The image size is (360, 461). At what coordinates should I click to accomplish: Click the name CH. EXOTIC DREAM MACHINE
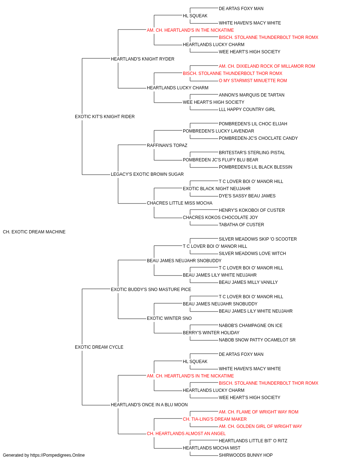34,232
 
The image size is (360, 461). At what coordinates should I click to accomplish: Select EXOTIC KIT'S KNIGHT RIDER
105,117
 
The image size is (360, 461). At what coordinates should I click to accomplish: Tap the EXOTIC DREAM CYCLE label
99,347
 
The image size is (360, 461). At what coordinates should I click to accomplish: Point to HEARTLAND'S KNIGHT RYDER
143,59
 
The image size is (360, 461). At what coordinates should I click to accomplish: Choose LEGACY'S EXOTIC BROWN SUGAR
147,174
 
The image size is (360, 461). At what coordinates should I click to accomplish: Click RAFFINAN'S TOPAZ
167,145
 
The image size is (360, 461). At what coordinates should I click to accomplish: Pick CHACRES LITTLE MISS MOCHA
180,203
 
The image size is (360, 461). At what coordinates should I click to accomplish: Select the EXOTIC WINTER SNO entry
169,318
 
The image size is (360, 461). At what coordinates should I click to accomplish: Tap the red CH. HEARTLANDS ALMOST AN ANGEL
186,433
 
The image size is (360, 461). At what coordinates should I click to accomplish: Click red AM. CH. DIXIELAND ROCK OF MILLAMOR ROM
267,66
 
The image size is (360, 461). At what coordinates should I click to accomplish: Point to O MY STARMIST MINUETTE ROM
253,81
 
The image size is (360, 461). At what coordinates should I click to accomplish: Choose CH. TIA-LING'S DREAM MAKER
215,419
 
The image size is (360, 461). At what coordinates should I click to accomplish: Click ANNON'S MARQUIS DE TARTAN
251,95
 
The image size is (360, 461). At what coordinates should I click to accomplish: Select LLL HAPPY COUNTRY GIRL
247,109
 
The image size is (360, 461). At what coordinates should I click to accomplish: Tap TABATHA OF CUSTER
241,225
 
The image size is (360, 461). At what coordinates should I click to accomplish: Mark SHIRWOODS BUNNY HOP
246,455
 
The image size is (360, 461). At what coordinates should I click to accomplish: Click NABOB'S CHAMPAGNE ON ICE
251,326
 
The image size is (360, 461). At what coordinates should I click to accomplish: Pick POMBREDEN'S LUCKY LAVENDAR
219,131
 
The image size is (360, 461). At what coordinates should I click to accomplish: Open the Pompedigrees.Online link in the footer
58,455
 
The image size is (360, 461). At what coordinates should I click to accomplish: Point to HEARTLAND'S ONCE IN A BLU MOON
149,404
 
